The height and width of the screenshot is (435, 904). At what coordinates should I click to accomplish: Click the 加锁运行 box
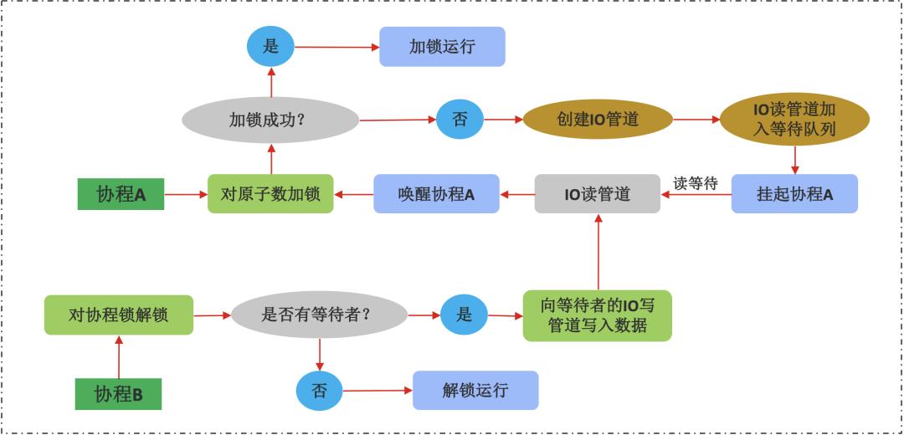442,47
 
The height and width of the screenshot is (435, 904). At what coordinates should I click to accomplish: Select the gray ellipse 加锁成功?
270,120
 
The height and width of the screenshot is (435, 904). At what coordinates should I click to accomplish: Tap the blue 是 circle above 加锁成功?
270,47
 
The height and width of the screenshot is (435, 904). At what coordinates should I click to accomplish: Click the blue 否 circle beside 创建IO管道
460,119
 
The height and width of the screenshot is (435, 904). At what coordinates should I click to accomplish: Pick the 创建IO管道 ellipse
598,119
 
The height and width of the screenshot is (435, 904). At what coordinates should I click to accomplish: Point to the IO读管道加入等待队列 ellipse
794,120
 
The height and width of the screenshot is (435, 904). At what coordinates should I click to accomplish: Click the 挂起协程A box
794,194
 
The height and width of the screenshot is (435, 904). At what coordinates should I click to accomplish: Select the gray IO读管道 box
597,194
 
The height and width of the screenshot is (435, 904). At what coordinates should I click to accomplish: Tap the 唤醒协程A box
436,194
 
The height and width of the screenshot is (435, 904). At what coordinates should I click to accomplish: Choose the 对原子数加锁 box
270,193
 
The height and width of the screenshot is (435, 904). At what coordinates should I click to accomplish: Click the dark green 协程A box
121,194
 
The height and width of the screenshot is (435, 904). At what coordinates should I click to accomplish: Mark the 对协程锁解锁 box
119,315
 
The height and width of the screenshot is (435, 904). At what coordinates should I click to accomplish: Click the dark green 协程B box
118,393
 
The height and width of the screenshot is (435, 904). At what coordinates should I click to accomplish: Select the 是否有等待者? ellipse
318,315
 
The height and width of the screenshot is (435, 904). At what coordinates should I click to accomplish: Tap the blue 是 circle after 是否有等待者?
464,315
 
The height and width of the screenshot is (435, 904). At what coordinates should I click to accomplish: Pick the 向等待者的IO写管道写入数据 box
598,315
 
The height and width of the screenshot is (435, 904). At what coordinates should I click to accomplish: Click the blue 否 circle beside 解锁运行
320,391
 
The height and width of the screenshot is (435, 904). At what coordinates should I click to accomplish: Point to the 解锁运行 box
475,390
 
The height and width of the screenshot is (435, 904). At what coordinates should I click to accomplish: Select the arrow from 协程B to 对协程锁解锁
119,356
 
